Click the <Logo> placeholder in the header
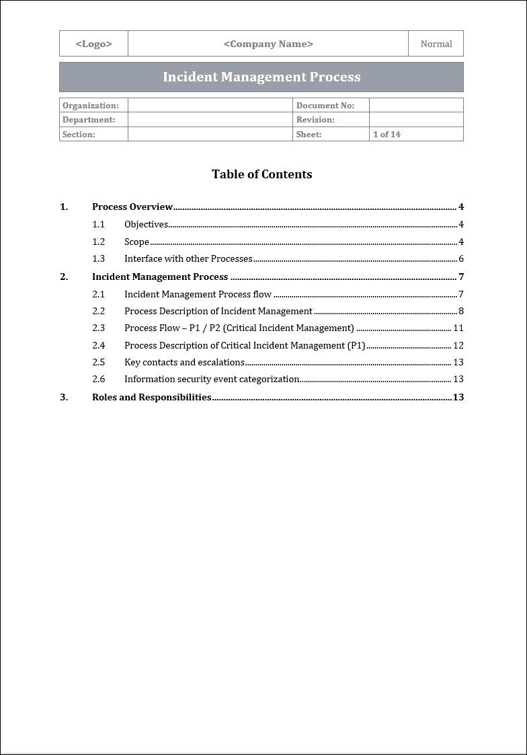coord(93,44)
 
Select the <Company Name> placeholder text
coord(268,44)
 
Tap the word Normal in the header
coord(436,44)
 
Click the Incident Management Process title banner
coord(261,77)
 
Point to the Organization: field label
coord(90,105)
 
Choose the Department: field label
coord(89,120)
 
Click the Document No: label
coord(325,105)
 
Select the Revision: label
coord(315,120)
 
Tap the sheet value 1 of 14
coord(387,135)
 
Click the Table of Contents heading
coord(261,174)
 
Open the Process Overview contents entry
coord(132,207)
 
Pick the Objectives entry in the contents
coord(146,225)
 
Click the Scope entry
coord(136,242)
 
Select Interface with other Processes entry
coord(188,259)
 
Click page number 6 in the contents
coord(461,259)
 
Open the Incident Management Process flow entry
coord(198,294)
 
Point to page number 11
coord(458,328)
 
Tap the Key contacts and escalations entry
coord(184,363)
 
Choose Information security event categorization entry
coord(212,380)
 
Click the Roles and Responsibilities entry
coord(151,397)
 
